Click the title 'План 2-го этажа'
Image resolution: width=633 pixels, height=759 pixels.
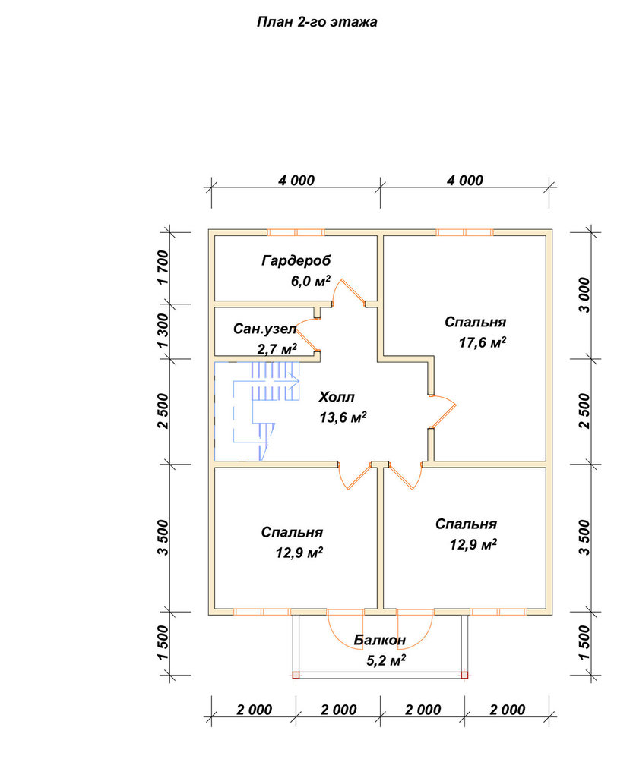[x=316, y=22]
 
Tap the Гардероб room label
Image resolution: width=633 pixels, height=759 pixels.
[x=296, y=260]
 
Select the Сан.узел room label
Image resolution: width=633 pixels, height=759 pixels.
[x=264, y=329]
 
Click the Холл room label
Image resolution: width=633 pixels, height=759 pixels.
[x=337, y=397]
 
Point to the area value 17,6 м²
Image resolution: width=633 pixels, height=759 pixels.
[x=483, y=343]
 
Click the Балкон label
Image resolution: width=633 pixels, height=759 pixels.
[x=379, y=640]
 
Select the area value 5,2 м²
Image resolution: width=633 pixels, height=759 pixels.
[x=386, y=660]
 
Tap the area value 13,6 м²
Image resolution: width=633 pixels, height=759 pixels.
[x=343, y=417]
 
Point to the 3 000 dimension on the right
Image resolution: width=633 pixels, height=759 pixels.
[x=585, y=294]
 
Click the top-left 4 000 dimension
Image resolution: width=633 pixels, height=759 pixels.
[x=296, y=181]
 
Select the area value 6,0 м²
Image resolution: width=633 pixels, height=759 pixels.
[x=310, y=281]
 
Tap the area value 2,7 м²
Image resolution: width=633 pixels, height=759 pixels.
[x=277, y=349]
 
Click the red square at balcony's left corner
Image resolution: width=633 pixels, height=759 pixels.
[x=296, y=676]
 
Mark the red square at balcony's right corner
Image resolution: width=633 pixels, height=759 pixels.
[x=464, y=676]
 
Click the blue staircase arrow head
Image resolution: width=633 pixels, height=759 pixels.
[x=295, y=382]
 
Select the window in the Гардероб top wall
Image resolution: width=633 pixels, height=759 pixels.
[x=296, y=232]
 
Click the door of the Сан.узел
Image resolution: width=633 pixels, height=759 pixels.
[x=307, y=336]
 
